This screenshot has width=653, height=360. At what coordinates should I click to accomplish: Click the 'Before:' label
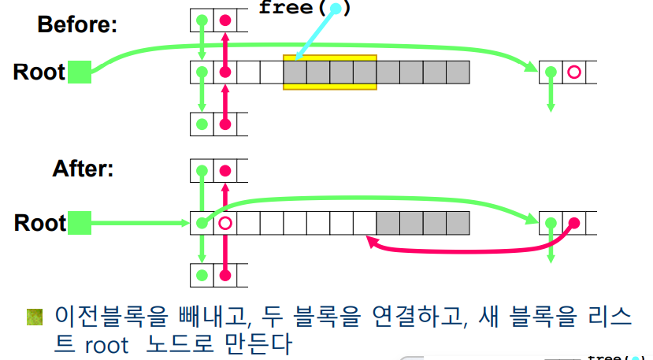(x=77, y=24)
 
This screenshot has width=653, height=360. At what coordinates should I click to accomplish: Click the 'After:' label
(x=83, y=169)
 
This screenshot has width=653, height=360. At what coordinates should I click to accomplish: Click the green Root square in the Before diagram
(x=80, y=72)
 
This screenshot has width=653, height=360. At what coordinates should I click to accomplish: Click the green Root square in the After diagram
(x=80, y=223)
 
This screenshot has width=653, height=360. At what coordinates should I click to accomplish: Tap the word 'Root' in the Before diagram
(x=39, y=72)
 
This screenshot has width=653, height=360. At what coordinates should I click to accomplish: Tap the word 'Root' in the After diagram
(x=39, y=224)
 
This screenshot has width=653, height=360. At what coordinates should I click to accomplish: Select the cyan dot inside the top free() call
(x=336, y=9)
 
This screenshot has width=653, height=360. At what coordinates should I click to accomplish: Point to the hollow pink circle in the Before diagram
(x=573, y=72)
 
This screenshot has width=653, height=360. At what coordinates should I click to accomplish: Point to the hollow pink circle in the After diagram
(x=225, y=223)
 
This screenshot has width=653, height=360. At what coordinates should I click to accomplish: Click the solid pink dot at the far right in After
(x=573, y=223)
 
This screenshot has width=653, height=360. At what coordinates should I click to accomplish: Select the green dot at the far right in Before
(x=551, y=72)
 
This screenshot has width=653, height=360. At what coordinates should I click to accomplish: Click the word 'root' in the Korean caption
(x=106, y=344)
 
